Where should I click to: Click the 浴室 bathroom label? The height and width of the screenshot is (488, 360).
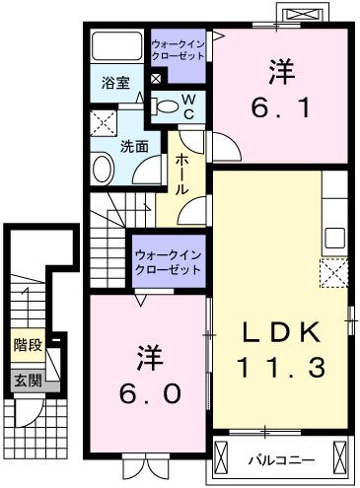(x=115, y=83)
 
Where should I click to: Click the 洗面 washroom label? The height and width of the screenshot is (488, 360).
(x=134, y=145)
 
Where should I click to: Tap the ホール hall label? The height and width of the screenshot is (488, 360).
(x=182, y=174)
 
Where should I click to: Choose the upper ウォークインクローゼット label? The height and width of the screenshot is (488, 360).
(x=179, y=50)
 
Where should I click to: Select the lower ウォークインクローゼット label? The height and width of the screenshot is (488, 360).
(x=168, y=261)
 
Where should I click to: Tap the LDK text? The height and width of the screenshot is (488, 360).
(x=279, y=332)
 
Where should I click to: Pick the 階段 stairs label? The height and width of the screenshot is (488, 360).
(x=27, y=345)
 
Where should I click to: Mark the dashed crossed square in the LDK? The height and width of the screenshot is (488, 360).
(x=334, y=271)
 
